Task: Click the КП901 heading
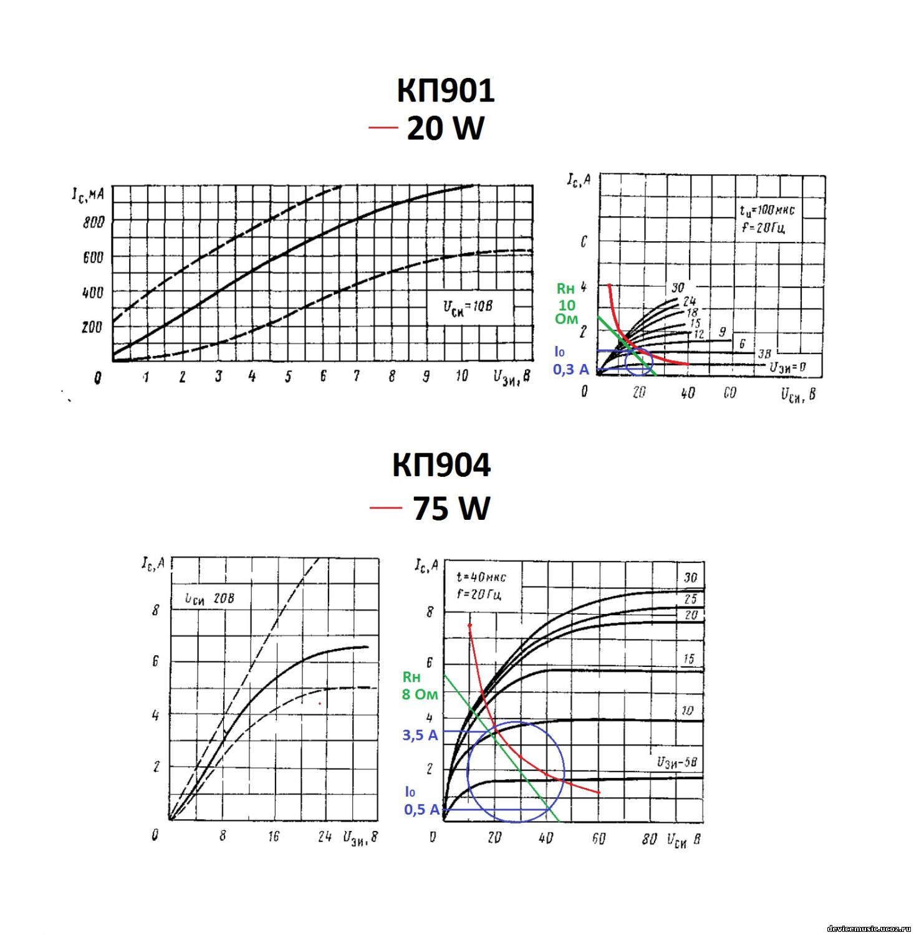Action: click(445, 90)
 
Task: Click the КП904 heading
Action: click(441, 465)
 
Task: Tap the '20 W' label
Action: click(445, 129)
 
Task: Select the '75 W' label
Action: click(451, 508)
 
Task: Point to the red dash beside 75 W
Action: click(385, 507)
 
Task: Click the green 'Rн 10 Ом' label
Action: click(566, 304)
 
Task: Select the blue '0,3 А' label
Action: click(570, 370)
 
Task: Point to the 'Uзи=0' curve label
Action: click(787, 367)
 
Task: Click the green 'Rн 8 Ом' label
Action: click(420, 686)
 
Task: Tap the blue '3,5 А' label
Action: click(420, 736)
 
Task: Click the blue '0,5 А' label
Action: click(421, 810)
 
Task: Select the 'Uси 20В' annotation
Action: click(209, 598)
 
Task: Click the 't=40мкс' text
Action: click(481, 578)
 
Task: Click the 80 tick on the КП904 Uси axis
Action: click(649, 840)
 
